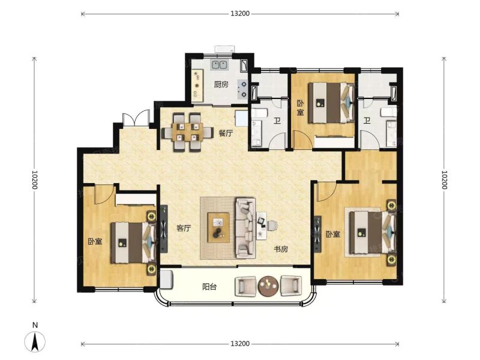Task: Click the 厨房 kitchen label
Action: point(221,84)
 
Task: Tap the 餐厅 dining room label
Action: point(226,133)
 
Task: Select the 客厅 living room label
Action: point(184,228)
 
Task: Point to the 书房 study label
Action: point(281,249)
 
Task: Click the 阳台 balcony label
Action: point(209,287)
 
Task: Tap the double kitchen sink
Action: point(219,65)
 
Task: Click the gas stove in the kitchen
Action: point(243,88)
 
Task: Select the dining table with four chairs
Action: point(187,132)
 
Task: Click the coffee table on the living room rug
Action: point(218,227)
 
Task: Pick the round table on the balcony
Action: point(268,287)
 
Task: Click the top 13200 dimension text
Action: point(240,14)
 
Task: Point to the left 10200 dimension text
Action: point(34,179)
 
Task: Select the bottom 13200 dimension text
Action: point(240,344)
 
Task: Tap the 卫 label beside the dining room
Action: point(277,121)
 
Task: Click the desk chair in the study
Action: point(272,226)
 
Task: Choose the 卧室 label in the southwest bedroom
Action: point(95,242)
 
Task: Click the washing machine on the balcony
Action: point(166,279)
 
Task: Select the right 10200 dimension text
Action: point(445,179)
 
